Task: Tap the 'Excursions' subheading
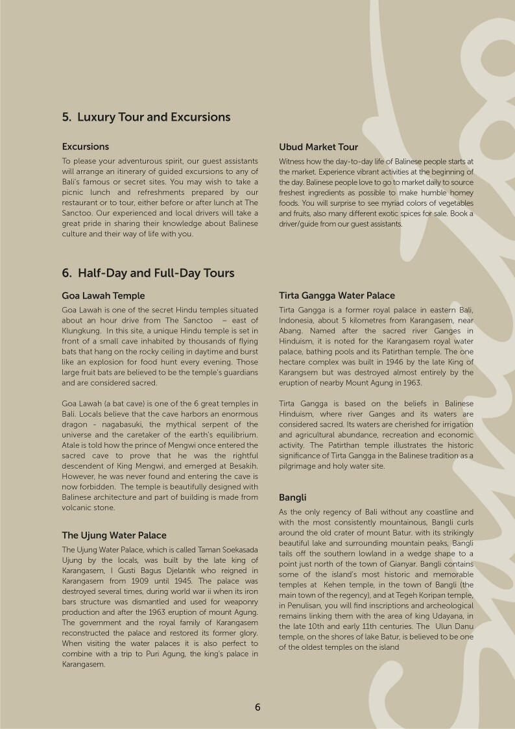(x=86, y=147)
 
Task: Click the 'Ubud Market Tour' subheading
(x=318, y=147)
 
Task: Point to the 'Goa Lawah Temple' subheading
(x=103, y=296)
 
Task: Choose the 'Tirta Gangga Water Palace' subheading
(x=337, y=296)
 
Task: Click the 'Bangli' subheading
(x=293, y=498)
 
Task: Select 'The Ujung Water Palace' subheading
(x=114, y=536)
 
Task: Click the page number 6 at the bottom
(x=257, y=708)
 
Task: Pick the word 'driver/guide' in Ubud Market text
(x=302, y=224)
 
